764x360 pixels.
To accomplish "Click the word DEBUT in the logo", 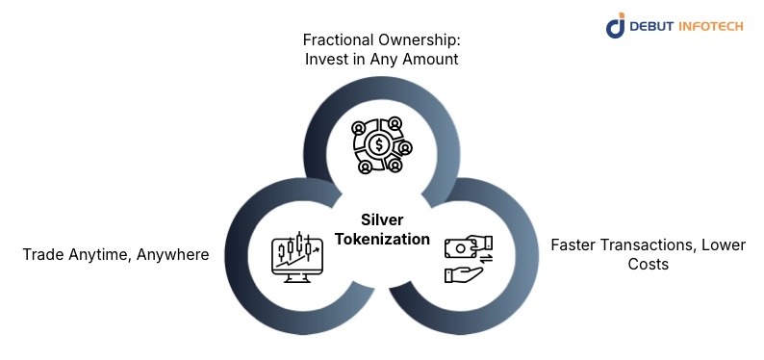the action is click(x=653, y=26).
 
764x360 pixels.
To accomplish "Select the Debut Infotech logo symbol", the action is click(x=616, y=26).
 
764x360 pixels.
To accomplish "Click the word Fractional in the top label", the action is click(x=337, y=39).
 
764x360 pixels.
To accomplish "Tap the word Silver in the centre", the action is click(x=381, y=219).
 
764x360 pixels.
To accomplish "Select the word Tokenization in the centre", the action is click(x=381, y=239).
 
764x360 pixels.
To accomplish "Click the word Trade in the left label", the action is click(x=43, y=255).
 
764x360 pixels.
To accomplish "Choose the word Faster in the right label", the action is click(x=574, y=244).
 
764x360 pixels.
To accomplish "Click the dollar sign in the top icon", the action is click(x=380, y=146).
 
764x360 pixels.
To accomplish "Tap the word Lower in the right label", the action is click(x=723, y=244).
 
